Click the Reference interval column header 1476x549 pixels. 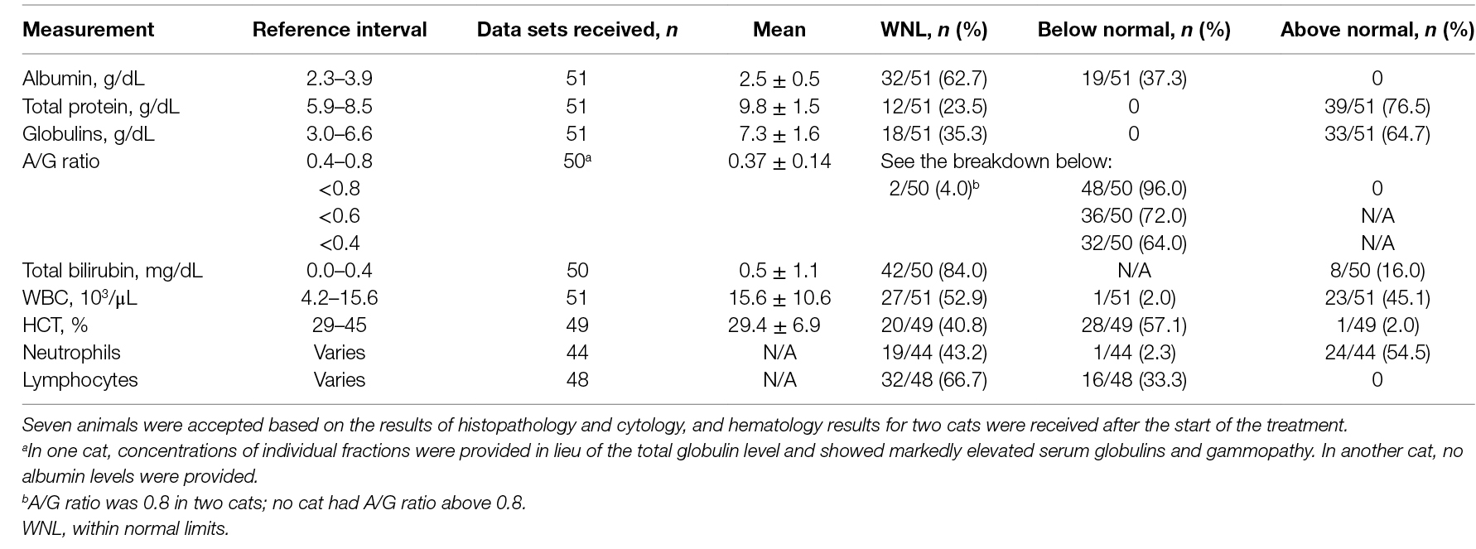coord(340,31)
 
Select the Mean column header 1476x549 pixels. coord(779,31)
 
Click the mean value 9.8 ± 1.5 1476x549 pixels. coord(779,106)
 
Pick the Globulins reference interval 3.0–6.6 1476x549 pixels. coord(340,133)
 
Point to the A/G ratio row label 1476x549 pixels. coord(61,161)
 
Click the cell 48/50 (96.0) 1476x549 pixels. coord(1133,188)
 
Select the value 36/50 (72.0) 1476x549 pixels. coord(1133,215)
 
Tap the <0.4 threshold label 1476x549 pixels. coord(340,243)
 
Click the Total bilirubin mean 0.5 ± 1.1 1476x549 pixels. coord(779,271)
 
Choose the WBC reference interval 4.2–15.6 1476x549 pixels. coord(340,298)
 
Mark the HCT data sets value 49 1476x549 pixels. coord(576,325)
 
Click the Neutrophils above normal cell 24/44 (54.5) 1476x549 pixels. coord(1377,353)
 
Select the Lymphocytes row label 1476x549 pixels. coord(80,380)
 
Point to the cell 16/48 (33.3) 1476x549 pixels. coord(1133,380)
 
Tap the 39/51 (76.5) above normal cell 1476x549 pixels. coord(1377,106)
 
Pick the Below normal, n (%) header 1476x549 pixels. coord(1133,31)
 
